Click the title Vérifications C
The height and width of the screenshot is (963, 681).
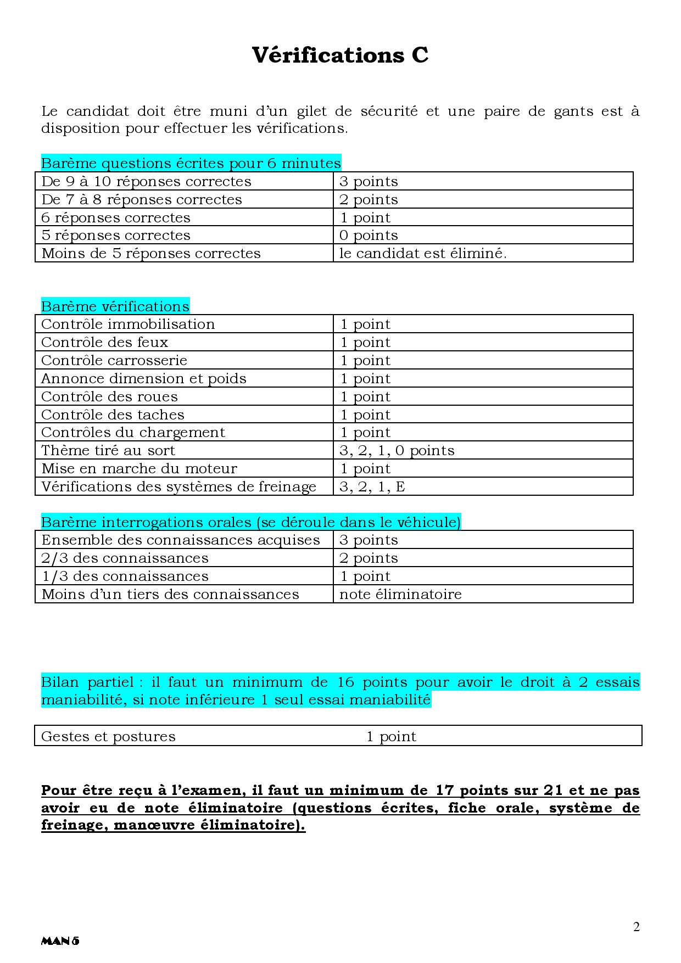[x=340, y=55]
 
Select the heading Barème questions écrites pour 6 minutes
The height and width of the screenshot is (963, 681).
[x=191, y=163]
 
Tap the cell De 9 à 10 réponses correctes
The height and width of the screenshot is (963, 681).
[x=146, y=181]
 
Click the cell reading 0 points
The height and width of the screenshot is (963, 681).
[x=369, y=235]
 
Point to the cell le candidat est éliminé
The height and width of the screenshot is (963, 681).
[x=423, y=253]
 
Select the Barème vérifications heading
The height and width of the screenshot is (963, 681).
[x=115, y=306]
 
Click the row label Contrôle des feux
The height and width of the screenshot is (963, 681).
[x=105, y=342]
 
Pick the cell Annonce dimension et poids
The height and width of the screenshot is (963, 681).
[x=144, y=378]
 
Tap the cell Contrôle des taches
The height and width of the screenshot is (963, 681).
[x=113, y=415]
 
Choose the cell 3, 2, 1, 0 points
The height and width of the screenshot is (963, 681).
[x=397, y=450]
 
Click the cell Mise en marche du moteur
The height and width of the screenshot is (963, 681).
[x=139, y=468]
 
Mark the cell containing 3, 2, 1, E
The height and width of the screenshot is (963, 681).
[x=372, y=486]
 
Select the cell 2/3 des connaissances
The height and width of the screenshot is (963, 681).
[x=125, y=558]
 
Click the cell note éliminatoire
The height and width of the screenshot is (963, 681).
[x=400, y=594]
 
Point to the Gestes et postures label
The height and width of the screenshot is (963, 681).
[x=109, y=736]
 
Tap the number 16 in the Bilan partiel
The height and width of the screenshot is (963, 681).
[x=346, y=682]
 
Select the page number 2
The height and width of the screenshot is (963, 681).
[x=637, y=927]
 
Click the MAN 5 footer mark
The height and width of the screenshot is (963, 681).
[x=60, y=940]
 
